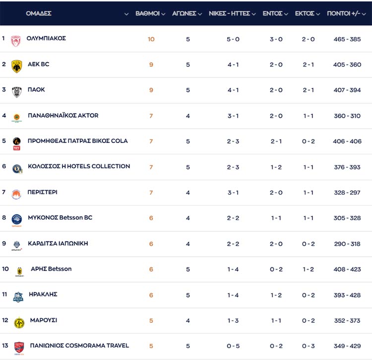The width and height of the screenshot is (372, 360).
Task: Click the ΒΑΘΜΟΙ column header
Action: click(x=147, y=13)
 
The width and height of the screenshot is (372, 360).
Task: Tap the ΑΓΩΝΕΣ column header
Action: click(x=184, y=13)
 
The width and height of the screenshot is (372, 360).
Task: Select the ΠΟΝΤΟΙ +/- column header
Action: click(x=343, y=13)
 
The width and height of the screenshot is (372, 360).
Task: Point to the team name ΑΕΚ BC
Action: click(x=38, y=64)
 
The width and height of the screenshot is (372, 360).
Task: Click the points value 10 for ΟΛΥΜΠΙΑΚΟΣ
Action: click(x=151, y=39)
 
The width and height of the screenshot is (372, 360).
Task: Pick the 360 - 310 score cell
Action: click(x=347, y=116)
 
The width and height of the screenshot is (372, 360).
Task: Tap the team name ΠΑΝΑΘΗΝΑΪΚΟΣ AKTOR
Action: click(x=63, y=115)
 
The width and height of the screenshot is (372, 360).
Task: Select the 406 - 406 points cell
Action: click(x=347, y=142)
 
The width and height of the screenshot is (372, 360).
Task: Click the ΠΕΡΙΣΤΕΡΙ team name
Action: click(x=42, y=192)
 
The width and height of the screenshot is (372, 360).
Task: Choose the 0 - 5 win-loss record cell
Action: click(x=233, y=346)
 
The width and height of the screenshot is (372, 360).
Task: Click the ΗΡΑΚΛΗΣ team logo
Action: click(x=18, y=297)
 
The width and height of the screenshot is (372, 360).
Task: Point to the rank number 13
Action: click(x=5, y=346)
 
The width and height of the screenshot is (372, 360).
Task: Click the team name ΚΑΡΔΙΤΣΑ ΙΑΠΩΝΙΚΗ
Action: click(x=58, y=244)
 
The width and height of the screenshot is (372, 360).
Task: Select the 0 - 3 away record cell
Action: click(x=308, y=346)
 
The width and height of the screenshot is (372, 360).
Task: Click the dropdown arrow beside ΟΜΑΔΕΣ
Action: click(x=126, y=14)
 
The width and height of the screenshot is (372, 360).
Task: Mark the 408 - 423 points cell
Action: click(x=347, y=270)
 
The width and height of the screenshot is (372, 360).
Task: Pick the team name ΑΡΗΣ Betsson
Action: click(x=51, y=269)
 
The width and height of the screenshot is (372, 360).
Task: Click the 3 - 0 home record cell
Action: click(x=276, y=39)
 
